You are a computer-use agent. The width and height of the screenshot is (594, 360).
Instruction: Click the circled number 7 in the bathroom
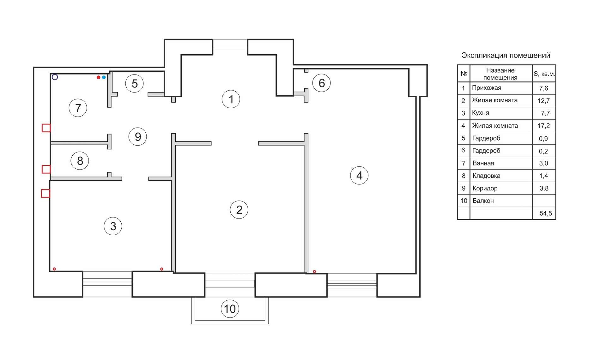(78, 108)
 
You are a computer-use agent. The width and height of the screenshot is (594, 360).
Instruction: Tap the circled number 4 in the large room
(359, 175)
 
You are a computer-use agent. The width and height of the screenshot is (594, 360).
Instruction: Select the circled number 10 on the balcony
(230, 309)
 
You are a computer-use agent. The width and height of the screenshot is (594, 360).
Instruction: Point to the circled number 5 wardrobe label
(134, 83)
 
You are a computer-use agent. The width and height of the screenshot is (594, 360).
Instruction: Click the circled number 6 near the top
(321, 83)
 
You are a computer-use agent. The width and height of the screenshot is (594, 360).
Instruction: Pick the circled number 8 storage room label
(80, 161)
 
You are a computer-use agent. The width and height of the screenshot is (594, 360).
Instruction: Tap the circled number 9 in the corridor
(138, 136)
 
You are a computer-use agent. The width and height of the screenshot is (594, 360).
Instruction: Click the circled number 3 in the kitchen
(113, 226)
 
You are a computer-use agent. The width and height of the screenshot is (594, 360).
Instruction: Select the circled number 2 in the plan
(239, 210)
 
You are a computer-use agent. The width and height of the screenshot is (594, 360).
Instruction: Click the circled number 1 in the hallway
(231, 99)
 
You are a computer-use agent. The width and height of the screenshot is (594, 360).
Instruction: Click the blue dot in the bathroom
(104, 77)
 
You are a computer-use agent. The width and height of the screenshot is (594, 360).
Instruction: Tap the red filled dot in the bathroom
(99, 77)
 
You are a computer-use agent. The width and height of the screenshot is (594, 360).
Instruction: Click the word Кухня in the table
(480, 113)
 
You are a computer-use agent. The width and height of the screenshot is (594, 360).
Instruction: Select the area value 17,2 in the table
(544, 126)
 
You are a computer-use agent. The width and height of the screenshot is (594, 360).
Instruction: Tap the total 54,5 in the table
(546, 213)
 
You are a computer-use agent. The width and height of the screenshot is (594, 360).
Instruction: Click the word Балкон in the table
(483, 201)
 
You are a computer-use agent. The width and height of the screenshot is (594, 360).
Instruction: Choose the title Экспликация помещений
(506, 55)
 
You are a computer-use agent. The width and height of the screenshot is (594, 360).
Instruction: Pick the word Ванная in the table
(483, 163)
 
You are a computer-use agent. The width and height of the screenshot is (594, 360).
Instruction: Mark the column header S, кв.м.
(544, 74)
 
